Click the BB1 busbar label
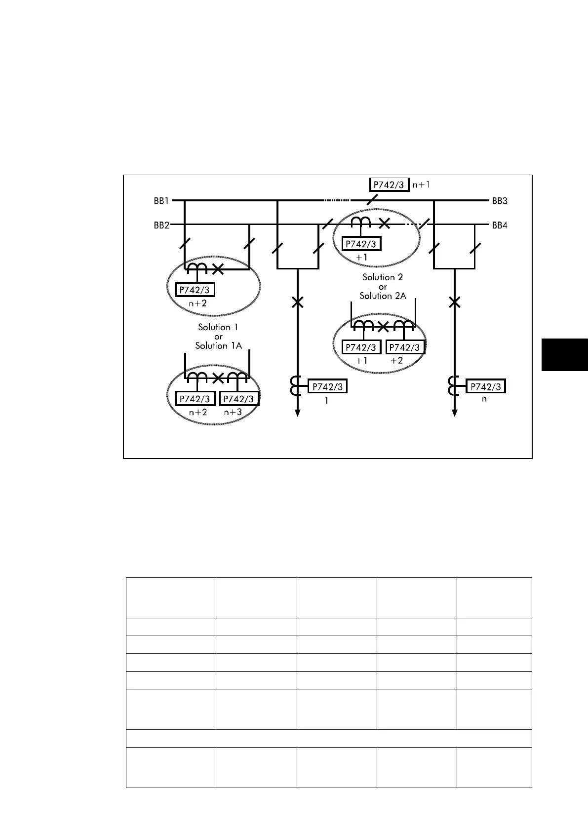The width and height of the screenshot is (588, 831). [161, 201]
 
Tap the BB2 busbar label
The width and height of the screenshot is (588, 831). [161, 226]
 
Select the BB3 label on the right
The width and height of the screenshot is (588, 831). [500, 201]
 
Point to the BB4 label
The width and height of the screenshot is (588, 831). [500, 226]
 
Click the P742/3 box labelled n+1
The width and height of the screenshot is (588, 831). [390, 185]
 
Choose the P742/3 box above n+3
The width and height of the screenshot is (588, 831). [239, 399]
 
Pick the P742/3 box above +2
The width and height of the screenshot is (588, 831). [405, 347]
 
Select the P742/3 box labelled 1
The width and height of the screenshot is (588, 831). [328, 387]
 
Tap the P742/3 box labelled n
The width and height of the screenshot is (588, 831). [486, 387]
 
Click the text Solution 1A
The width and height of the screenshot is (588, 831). [218, 346]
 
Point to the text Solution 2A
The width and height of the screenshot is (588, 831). [383, 296]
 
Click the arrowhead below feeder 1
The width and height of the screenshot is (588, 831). [297, 413]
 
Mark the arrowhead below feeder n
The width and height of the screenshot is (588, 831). [454, 413]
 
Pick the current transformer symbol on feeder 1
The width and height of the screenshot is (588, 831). [295, 386]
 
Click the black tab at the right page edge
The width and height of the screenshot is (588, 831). [564, 354]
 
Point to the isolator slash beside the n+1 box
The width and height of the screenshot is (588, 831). [372, 200]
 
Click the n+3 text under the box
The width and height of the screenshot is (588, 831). [233, 412]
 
